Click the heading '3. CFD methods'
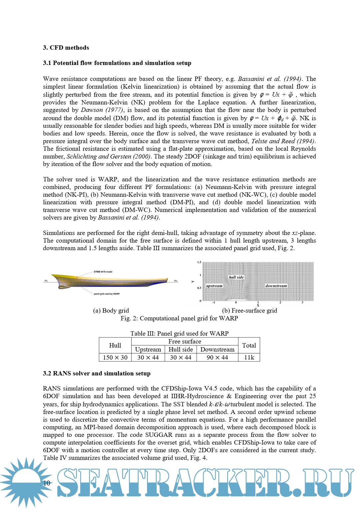66,48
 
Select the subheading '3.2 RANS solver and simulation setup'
97,373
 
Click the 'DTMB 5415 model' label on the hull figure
103,272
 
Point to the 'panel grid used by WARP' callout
107,294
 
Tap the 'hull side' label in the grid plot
236,277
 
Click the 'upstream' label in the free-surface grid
214,286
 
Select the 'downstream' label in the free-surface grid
276,286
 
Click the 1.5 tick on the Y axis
199,262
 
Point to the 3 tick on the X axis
302,302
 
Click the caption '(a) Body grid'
111,310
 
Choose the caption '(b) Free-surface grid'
249,310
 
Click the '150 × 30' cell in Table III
115,357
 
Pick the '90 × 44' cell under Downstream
217,357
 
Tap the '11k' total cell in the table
249,357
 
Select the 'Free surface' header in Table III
185,341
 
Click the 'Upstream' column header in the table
148,349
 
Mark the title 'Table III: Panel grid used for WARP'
179,333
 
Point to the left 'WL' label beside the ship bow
46,281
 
